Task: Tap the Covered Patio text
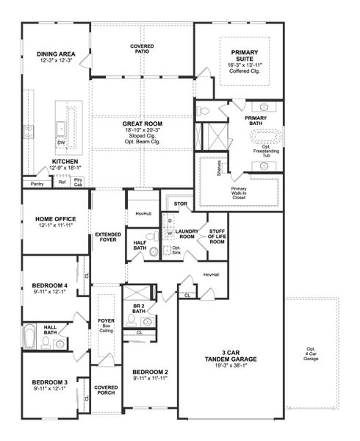(x=142, y=49)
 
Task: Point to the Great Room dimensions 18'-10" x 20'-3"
(x=148, y=132)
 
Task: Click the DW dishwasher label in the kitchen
(x=62, y=143)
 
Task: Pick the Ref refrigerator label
(x=62, y=182)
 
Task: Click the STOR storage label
(x=180, y=203)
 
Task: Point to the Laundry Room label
(x=187, y=233)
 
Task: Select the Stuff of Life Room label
(x=217, y=237)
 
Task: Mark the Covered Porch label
(x=106, y=390)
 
